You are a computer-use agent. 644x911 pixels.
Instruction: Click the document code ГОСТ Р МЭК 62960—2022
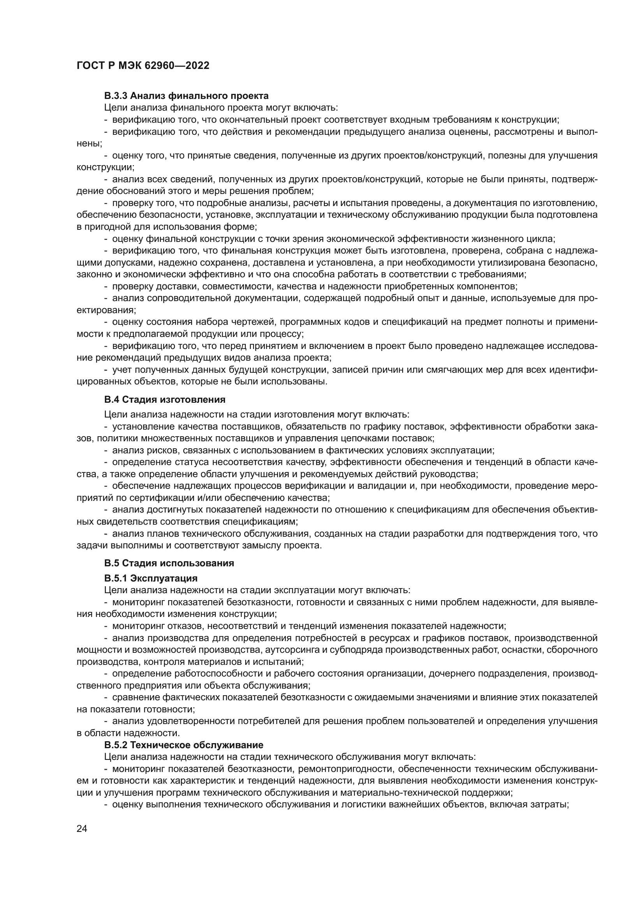143,66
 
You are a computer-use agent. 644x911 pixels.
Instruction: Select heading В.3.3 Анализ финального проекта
187,96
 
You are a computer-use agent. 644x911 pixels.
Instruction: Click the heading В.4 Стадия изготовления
165,399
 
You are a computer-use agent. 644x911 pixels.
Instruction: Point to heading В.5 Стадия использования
169,563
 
